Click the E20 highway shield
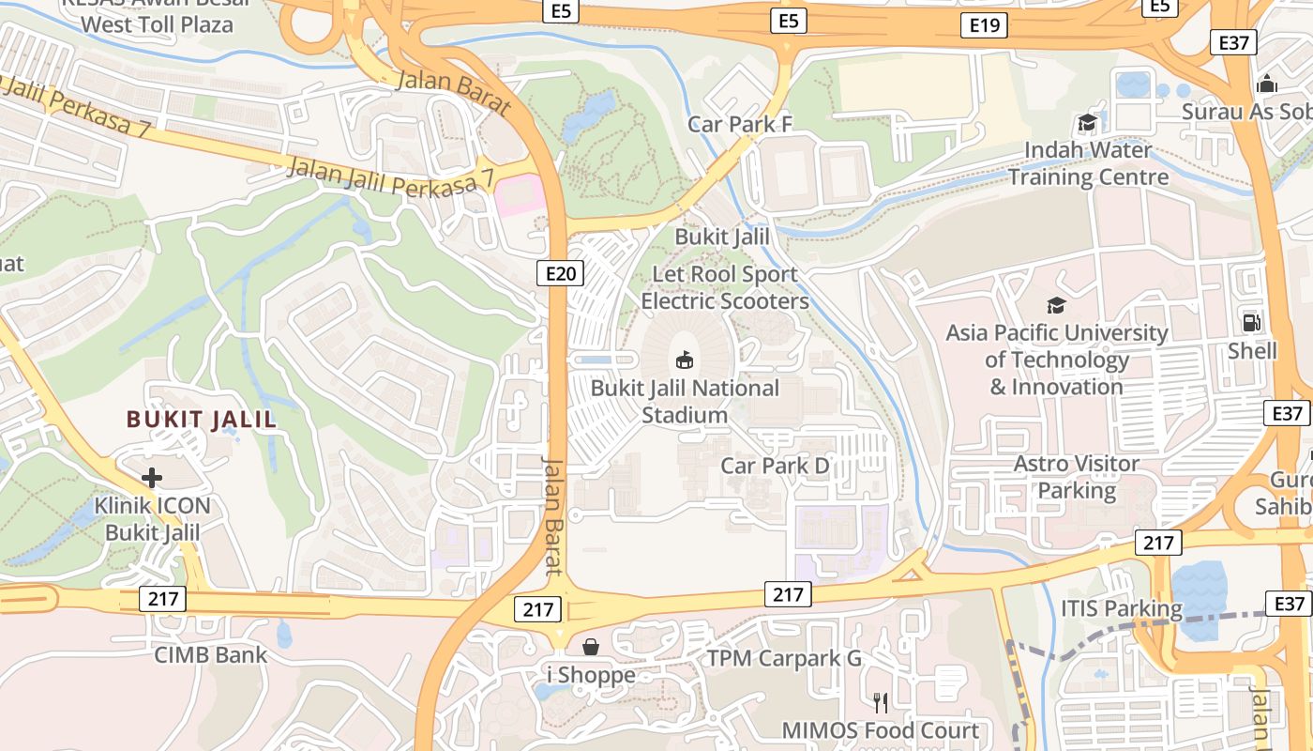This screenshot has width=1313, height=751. click(x=561, y=273)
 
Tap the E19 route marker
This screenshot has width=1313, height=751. click(x=984, y=25)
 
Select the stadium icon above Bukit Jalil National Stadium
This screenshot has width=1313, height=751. click(x=685, y=360)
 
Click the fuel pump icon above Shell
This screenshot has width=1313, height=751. click(x=1251, y=322)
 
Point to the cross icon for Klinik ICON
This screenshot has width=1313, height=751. click(x=152, y=478)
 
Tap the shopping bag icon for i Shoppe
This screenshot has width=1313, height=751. click(x=591, y=647)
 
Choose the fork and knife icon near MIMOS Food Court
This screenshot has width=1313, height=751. click(x=881, y=702)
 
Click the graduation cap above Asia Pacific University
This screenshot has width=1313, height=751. click(x=1056, y=305)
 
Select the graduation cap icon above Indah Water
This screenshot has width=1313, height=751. click(x=1087, y=122)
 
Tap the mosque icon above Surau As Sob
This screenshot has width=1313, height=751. click(x=1267, y=84)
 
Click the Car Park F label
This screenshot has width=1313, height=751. click(x=739, y=124)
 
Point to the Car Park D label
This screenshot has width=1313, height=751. click(x=775, y=466)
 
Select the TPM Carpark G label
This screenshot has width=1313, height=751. click(x=784, y=658)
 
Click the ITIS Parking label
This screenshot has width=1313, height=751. click(x=1122, y=608)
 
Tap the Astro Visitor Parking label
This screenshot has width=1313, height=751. click(x=1077, y=477)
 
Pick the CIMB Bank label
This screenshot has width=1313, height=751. click(x=210, y=654)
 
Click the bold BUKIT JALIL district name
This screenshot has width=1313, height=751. click(x=202, y=420)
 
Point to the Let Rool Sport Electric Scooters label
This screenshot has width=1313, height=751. click(x=725, y=288)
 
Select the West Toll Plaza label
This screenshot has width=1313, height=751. click(x=157, y=23)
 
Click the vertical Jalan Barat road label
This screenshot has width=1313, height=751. click(x=553, y=516)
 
